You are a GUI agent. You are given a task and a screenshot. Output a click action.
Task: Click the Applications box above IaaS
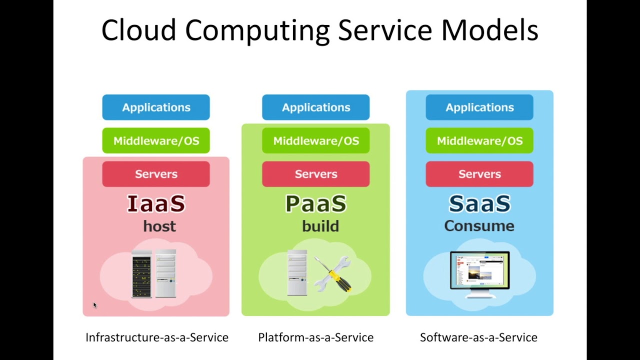(x=156, y=107)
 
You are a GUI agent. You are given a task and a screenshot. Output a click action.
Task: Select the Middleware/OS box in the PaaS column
(x=315, y=141)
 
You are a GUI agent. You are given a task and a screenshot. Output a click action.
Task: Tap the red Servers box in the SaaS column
(x=479, y=174)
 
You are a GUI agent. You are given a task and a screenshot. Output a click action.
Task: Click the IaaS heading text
(x=156, y=204)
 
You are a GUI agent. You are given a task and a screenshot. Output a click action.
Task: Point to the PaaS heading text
(x=315, y=204)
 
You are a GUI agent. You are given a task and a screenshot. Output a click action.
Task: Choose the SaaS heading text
(x=479, y=204)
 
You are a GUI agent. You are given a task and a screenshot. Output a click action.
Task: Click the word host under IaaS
(x=159, y=226)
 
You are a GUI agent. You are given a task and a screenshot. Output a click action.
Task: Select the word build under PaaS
(x=320, y=226)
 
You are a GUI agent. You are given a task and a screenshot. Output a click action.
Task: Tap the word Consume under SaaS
(x=479, y=226)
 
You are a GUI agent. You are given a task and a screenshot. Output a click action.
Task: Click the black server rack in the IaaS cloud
(x=141, y=274)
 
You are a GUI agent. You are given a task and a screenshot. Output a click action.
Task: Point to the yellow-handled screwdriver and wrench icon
(x=333, y=273)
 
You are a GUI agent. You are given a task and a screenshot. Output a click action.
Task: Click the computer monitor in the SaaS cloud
(x=479, y=272)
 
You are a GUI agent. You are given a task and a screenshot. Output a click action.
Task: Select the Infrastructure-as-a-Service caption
(x=156, y=337)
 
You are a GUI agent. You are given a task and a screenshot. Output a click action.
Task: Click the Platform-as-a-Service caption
(x=315, y=337)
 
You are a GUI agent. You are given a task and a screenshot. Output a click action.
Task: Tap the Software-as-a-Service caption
(x=478, y=337)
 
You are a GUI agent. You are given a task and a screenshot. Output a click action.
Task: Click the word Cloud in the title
(x=138, y=30)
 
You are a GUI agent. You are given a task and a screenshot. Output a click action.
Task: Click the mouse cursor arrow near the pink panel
(x=94, y=305)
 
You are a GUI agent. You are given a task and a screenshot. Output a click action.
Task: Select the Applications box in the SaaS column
(x=479, y=107)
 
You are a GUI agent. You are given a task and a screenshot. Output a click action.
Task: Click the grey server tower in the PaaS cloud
(x=297, y=272)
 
